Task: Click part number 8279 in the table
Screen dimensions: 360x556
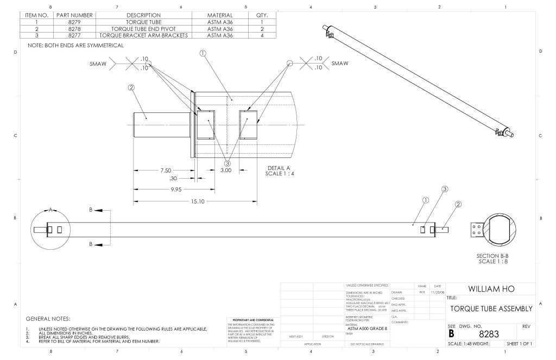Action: point(74,22)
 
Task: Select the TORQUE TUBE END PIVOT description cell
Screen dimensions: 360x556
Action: point(143,29)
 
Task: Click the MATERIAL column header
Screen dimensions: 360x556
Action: point(220,15)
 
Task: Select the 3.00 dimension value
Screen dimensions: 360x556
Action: point(225,170)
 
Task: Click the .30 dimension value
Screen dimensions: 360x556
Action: point(174,179)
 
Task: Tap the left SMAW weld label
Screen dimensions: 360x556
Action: point(98,64)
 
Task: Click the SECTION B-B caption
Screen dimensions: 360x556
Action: point(491,255)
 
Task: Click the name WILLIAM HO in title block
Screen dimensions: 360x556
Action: point(491,288)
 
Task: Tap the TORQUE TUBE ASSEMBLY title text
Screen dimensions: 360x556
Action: point(491,308)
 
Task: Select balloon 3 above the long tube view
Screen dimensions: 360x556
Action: point(445,189)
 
